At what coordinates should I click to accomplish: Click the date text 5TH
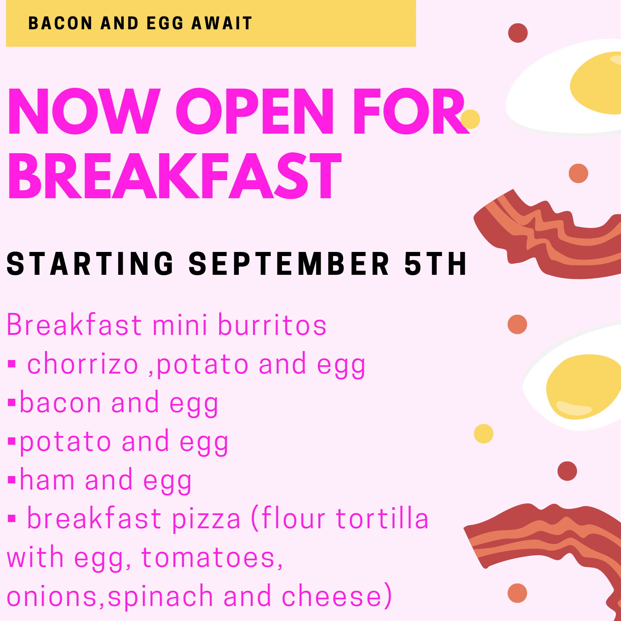pyautogui.click(x=436, y=264)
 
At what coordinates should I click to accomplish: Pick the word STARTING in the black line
pyautogui.click(x=90, y=264)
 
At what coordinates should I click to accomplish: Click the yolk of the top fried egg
pyautogui.click(x=597, y=83)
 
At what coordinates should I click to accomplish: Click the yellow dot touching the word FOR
pyautogui.click(x=470, y=119)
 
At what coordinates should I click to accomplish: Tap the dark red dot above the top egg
pyautogui.click(x=518, y=33)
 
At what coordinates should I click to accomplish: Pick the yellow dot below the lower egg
pyautogui.click(x=484, y=434)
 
